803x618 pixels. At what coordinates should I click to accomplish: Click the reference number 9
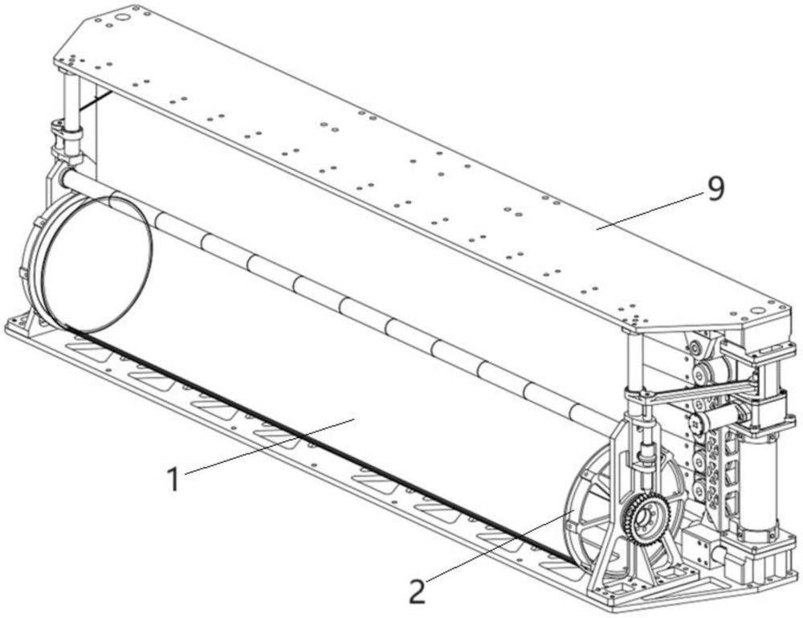(x=715, y=189)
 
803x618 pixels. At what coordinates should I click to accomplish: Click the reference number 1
(x=171, y=479)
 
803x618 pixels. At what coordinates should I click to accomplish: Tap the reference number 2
(x=417, y=592)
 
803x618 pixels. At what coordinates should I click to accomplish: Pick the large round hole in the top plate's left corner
(x=122, y=15)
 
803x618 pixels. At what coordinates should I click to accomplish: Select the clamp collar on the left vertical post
(x=67, y=132)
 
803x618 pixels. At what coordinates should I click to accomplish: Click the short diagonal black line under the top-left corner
(x=96, y=100)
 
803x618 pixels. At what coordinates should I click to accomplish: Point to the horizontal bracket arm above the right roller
(x=691, y=391)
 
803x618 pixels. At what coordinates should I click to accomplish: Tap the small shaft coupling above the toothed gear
(x=644, y=462)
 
